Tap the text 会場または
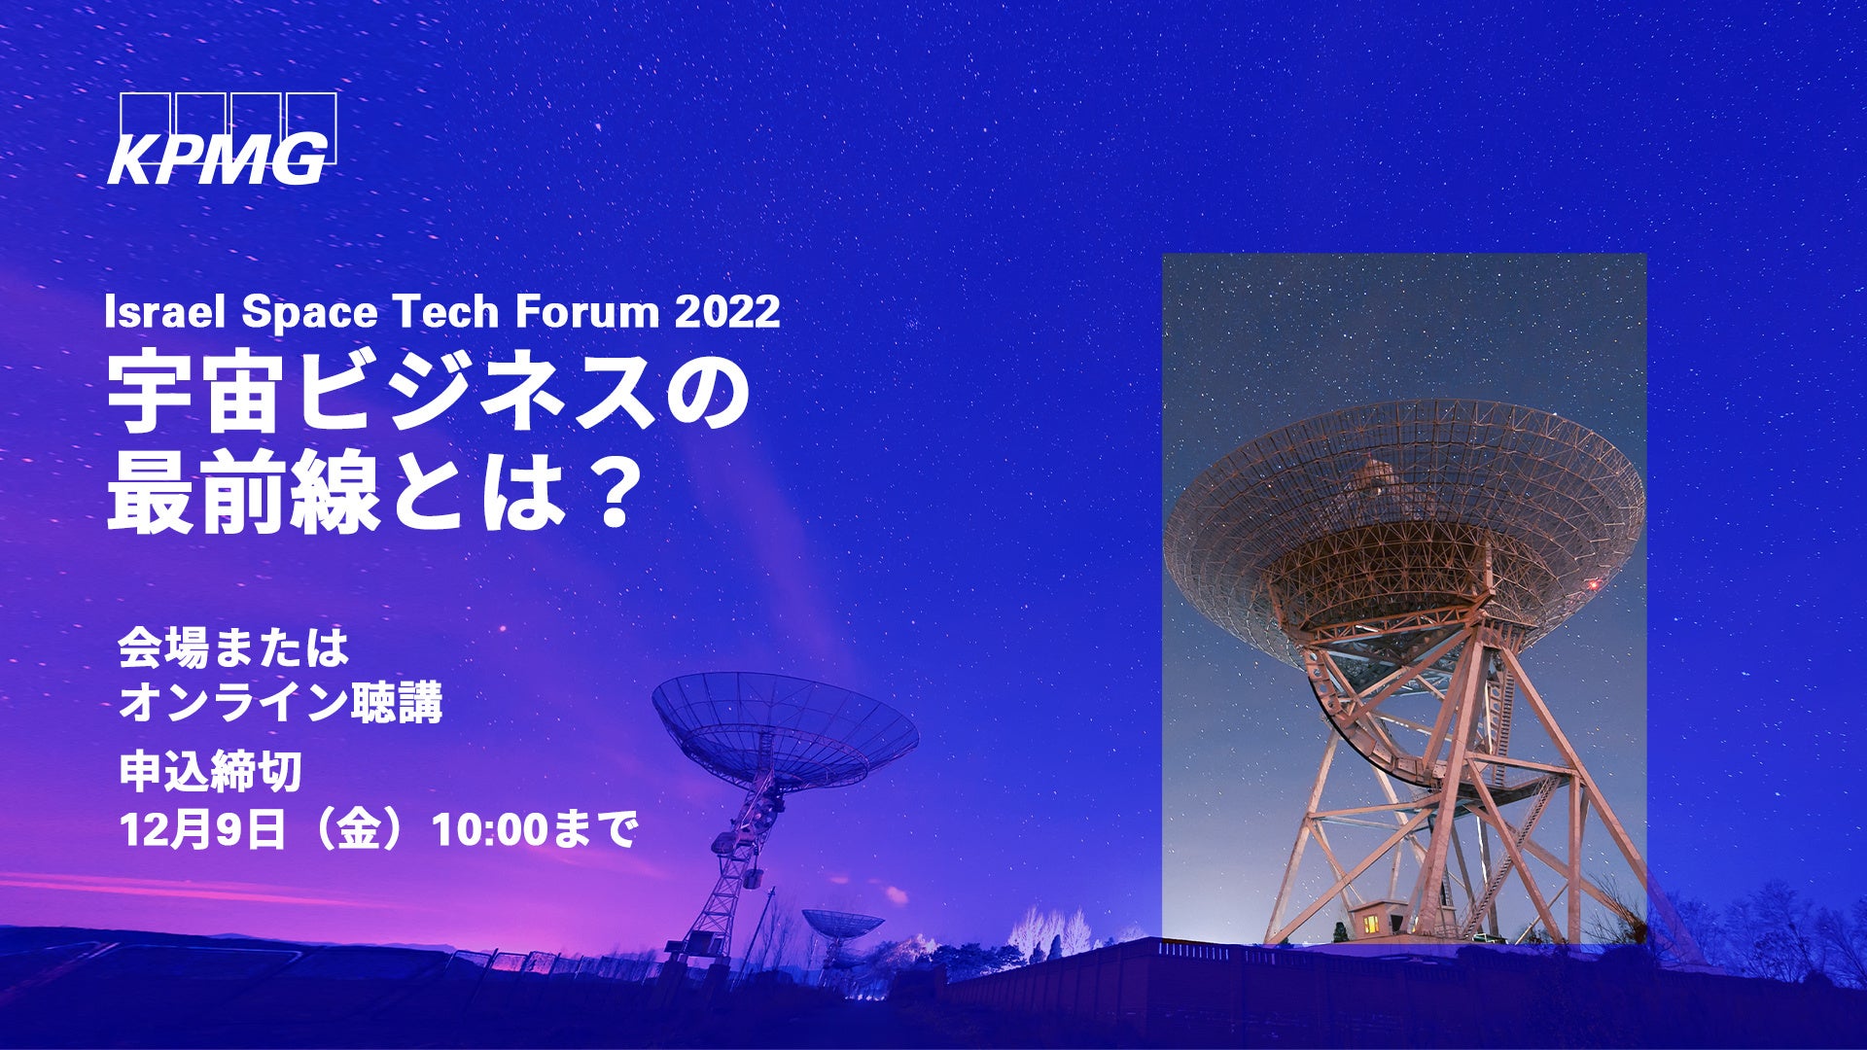pyautogui.click(x=233, y=648)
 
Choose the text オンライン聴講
pyautogui.click(x=280, y=703)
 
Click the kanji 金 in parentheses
pyautogui.click(x=357, y=831)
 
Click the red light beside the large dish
pyautogui.click(x=1593, y=584)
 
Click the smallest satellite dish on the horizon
pyautogui.click(x=842, y=925)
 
